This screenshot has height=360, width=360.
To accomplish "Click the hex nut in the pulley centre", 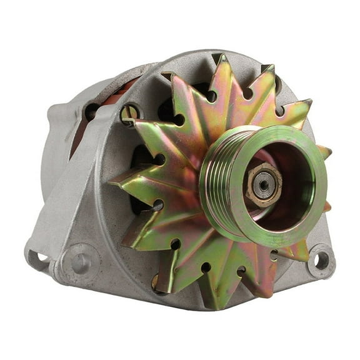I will pyautogui.click(x=263, y=185).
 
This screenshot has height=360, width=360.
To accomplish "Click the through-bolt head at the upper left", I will pyautogui.click(x=129, y=112).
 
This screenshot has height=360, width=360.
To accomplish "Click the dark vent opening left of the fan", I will pyautogui.click(x=139, y=156).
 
